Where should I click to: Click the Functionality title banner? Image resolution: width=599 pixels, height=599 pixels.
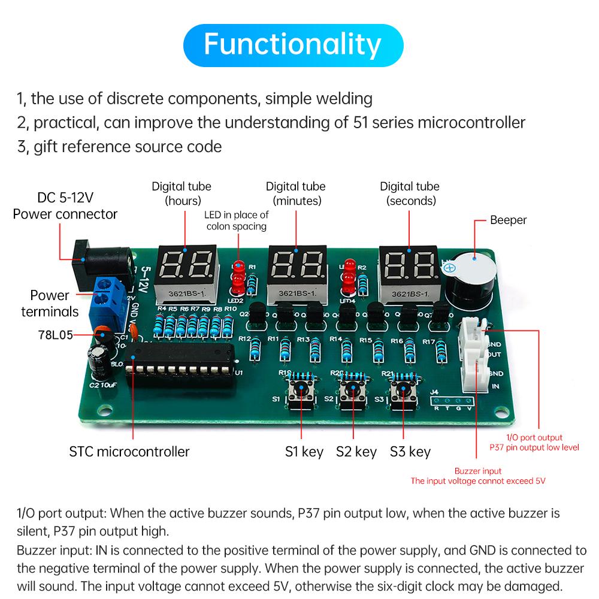click(x=293, y=44)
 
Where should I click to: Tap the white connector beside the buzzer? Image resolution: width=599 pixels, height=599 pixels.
click(x=473, y=353)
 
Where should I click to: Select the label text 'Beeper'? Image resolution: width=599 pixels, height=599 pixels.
click(x=508, y=220)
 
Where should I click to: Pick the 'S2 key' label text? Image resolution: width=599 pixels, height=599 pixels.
click(x=356, y=451)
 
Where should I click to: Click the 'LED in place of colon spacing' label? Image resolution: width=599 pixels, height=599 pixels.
click(x=237, y=220)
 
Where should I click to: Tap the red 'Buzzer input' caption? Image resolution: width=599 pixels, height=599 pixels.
click(x=477, y=471)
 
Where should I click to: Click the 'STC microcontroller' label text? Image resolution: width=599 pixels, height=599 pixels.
click(x=129, y=451)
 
